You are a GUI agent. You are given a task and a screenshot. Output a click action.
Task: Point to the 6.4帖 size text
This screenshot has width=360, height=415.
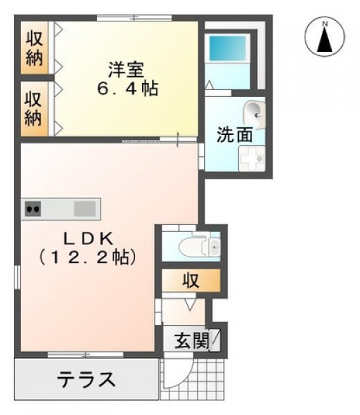coord(127,89)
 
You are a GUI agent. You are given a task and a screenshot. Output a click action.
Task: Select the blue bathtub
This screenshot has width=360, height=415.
coord(228,48)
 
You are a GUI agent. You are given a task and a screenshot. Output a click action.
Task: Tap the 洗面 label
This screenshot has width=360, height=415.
coord(235,135)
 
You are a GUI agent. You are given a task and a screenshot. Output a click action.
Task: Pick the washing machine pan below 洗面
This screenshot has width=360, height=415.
coord(251,158)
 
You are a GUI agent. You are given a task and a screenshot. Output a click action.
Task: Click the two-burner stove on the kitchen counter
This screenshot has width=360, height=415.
coord(33,209)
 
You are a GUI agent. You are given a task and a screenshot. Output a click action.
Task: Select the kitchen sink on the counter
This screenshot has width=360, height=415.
coord(84,209)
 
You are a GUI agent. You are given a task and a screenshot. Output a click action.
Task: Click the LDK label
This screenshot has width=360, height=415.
coord(87,239)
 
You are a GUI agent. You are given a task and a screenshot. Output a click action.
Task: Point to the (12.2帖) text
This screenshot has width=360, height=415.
coord(87,257)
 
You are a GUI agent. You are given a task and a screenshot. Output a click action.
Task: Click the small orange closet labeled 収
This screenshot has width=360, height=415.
coord(190,281)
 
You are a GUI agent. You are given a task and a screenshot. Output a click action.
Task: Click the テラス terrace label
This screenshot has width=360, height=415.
coord(87,379)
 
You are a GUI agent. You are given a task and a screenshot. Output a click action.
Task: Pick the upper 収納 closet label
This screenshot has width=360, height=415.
coord(34,48)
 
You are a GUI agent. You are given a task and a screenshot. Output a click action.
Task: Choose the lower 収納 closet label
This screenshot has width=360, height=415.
coord(33,109)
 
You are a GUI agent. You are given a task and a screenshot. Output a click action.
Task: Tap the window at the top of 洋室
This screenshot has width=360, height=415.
coord(134,18)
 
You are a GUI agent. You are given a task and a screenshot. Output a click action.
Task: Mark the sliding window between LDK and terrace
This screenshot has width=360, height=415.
coord(86,355)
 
